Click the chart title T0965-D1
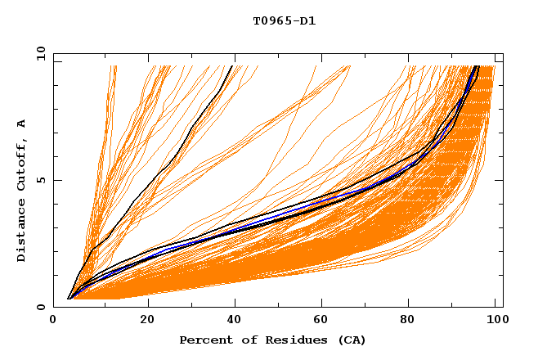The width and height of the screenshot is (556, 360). [x=285, y=21]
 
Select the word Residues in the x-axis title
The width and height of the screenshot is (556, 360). [x=290, y=340]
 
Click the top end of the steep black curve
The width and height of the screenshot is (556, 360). [x=232, y=65]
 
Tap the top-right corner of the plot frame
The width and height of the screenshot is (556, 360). [x=503, y=53]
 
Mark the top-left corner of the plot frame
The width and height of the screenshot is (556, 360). [x=53, y=53]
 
